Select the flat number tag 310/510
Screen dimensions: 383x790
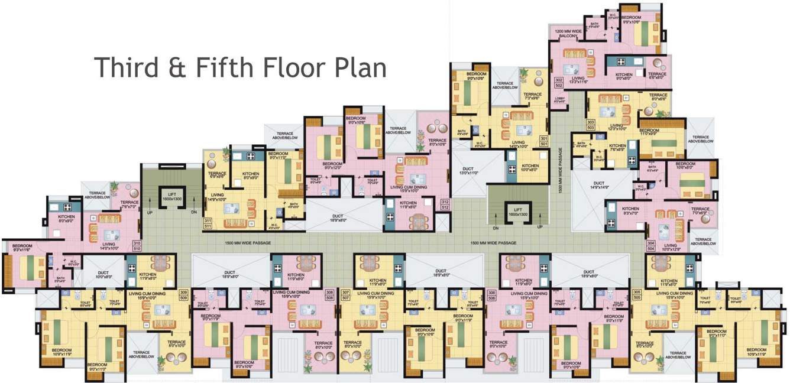click(x=137, y=246)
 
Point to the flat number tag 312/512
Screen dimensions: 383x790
click(x=445, y=205)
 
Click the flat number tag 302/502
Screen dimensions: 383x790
click(x=558, y=82)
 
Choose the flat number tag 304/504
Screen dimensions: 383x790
click(x=651, y=246)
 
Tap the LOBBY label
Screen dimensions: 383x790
click(x=559, y=100)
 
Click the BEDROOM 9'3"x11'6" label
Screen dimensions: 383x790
click(x=22, y=247)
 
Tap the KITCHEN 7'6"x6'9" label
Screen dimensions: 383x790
click(x=617, y=148)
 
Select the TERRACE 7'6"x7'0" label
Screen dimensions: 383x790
click(x=129, y=205)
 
